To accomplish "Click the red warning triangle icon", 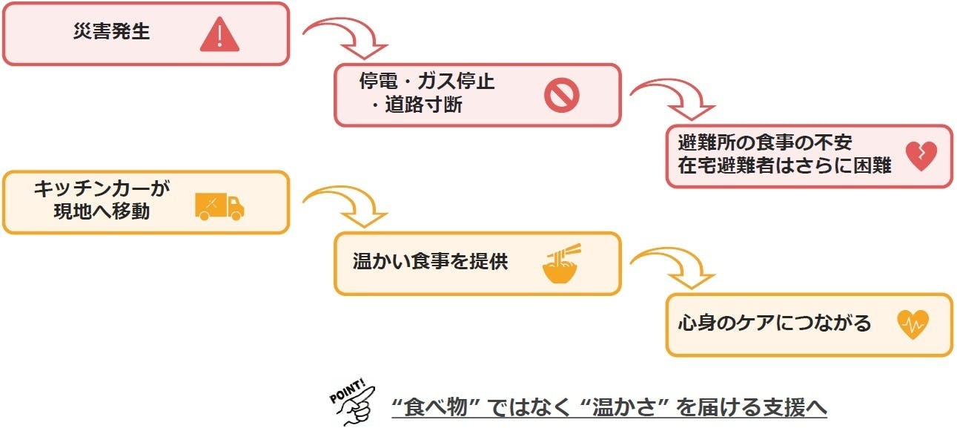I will click(x=219, y=34).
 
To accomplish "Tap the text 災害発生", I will click(x=112, y=33).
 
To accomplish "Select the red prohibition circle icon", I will click(x=561, y=96).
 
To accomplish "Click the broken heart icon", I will click(x=921, y=157).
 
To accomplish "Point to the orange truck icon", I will click(x=219, y=205).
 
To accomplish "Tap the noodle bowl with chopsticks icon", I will click(x=561, y=264).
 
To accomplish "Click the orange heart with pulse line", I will click(x=913, y=324).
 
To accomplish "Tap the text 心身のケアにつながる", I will click(x=774, y=323).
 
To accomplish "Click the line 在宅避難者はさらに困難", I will click(x=784, y=166).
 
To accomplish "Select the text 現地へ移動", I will click(x=102, y=211).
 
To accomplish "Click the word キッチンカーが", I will click(x=102, y=188).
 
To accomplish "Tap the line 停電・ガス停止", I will click(x=426, y=82).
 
